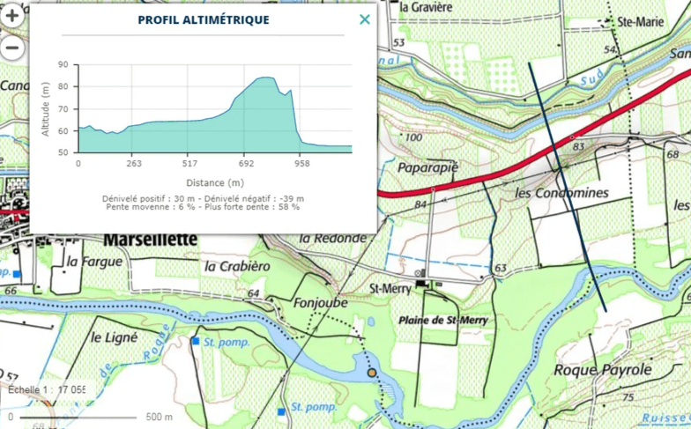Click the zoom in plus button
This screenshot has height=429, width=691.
coord(11,16)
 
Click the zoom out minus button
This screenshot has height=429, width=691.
coord(11,47)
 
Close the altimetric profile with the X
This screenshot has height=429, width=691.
coord(365,19)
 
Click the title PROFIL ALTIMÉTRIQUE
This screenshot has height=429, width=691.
coord(204,19)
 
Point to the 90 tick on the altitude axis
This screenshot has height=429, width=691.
coord(62,64)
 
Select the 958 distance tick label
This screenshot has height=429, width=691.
coord(302,164)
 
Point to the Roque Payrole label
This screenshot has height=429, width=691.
coord(603,369)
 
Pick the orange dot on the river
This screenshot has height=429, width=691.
coord(372,374)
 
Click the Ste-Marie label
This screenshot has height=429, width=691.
coord(640,21)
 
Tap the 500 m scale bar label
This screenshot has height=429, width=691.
coord(160,417)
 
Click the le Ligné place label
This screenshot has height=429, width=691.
coord(115,337)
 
